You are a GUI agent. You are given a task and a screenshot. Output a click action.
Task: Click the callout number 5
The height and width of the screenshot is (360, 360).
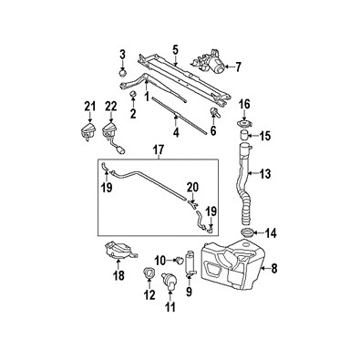(x=175, y=50)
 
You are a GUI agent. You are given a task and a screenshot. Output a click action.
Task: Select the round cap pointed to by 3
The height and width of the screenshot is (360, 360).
(x=122, y=74)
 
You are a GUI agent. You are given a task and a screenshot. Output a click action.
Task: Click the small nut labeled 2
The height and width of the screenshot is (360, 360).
(x=133, y=95)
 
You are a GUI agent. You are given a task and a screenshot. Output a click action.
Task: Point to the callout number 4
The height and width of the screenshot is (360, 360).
(x=176, y=132)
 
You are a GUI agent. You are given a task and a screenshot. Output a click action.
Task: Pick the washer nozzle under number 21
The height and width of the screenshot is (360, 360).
(x=88, y=132)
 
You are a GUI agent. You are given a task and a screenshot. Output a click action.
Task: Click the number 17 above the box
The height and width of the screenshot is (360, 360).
(x=159, y=150)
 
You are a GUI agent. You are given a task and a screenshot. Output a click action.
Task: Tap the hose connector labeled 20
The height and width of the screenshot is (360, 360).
(x=192, y=204)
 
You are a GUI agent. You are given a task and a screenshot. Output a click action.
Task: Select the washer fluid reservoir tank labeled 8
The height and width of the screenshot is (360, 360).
(x=232, y=264)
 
